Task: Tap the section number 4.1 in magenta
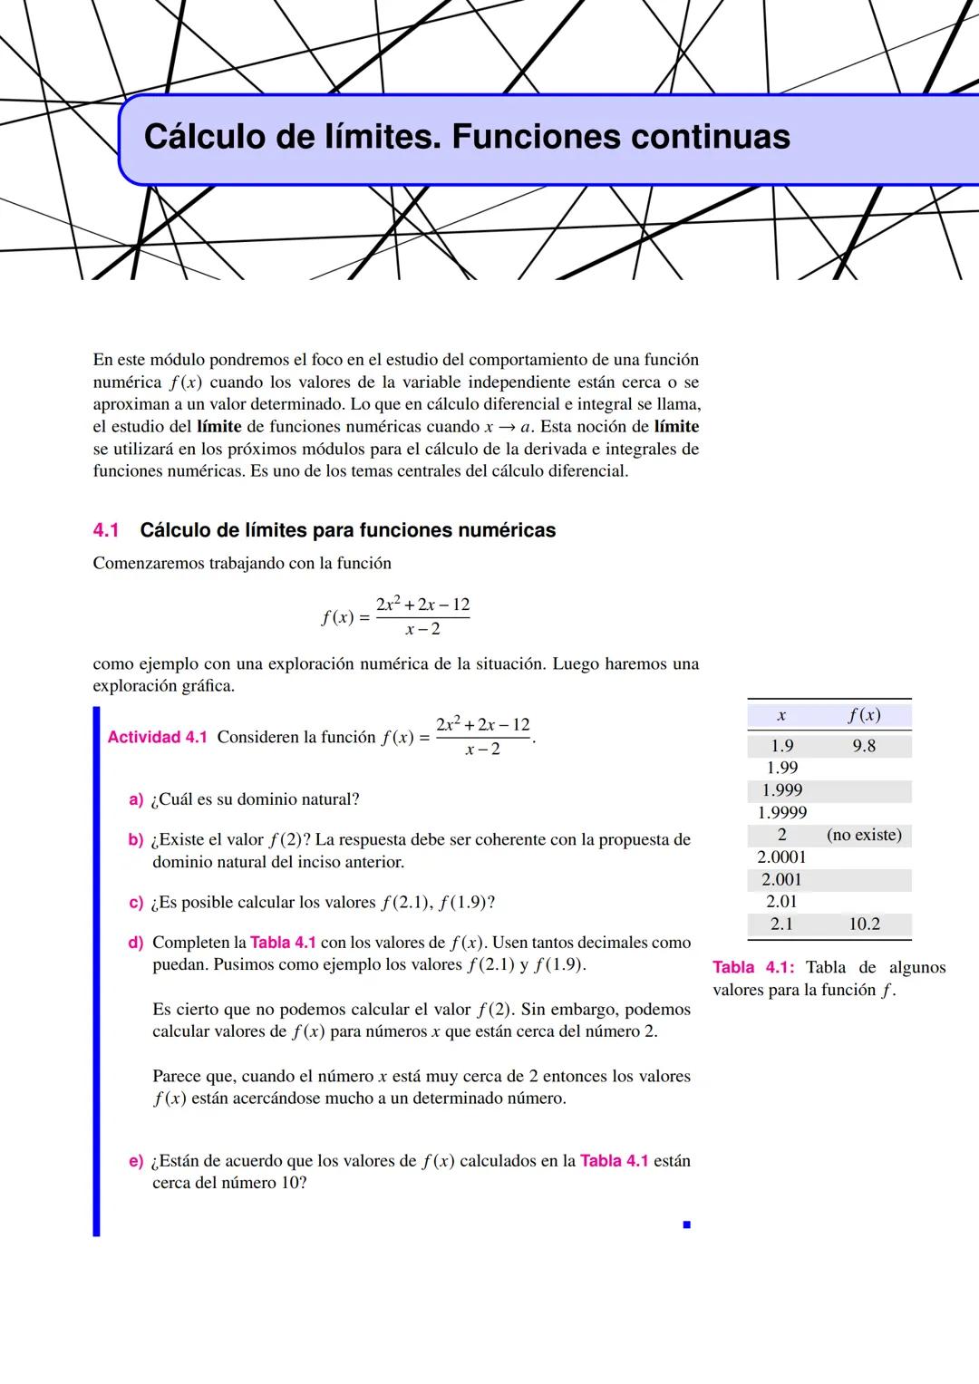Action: (106, 530)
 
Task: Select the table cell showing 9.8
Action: (864, 746)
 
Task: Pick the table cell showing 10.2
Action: (864, 924)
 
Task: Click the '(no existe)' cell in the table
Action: (864, 835)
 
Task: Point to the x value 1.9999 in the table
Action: (782, 813)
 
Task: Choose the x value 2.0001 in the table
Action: (782, 857)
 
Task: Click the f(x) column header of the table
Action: (864, 715)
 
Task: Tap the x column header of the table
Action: (781, 716)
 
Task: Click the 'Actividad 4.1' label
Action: (157, 737)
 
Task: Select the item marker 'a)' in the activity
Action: (136, 799)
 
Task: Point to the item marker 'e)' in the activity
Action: (136, 1161)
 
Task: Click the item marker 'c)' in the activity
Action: (136, 903)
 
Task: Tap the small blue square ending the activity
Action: (687, 1224)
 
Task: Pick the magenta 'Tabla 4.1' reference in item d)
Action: (283, 943)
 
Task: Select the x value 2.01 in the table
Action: (781, 902)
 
